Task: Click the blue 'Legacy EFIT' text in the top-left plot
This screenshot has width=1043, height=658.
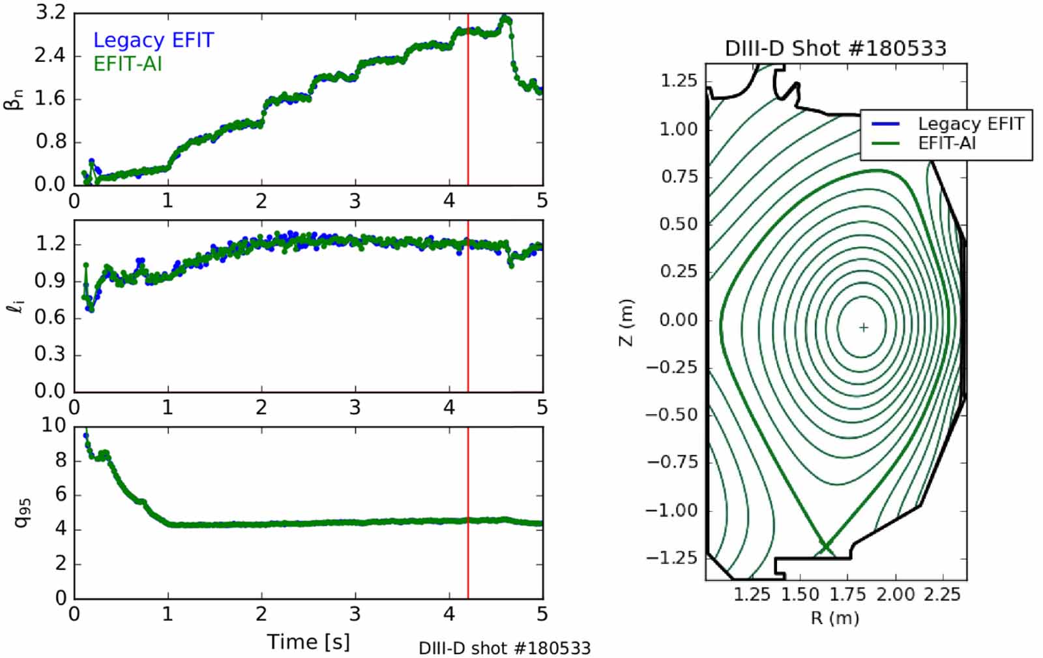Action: pos(154,40)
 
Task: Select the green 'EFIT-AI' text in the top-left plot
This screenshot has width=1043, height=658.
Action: pos(128,64)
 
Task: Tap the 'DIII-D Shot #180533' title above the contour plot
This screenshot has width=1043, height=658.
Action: pos(836,48)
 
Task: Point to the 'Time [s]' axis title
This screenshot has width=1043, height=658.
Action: pos(308,642)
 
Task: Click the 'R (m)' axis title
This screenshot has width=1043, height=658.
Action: pos(835,618)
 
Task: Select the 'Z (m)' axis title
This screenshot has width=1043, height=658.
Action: pos(626,322)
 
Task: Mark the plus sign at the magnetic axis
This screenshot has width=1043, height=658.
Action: pos(864,327)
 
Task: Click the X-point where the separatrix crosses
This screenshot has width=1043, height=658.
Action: pos(825,546)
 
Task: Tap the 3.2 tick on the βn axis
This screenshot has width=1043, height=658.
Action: pos(51,13)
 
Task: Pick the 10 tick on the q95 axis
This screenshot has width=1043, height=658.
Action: pos(53,425)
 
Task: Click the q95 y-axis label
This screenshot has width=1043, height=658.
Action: pos(22,513)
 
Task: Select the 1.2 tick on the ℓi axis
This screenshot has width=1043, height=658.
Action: pos(51,245)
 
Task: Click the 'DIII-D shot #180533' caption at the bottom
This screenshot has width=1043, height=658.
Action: pos(505,648)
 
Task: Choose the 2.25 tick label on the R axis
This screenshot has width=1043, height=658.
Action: pos(942,595)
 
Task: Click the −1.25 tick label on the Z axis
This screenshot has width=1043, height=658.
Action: pos(672,558)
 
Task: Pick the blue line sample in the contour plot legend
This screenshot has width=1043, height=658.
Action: pos(885,124)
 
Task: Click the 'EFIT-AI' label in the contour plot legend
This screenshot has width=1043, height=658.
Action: pos(947,143)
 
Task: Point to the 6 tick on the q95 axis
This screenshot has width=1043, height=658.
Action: pos(61,494)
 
